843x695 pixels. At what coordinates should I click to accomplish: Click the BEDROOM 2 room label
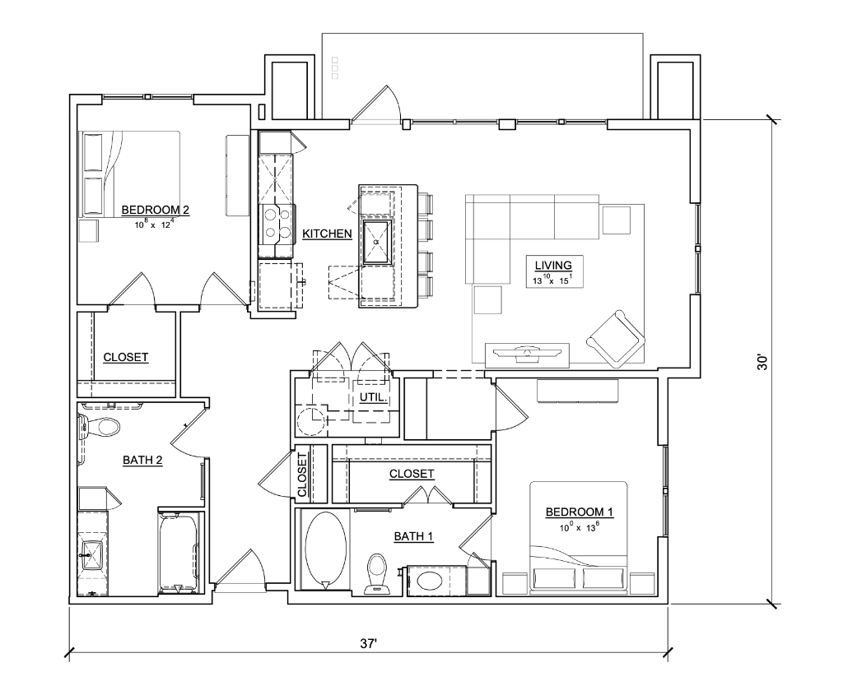coord(155,210)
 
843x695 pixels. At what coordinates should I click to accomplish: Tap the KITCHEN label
coord(327,234)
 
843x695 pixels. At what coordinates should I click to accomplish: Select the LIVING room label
coord(552,265)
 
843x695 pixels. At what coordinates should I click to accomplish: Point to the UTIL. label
coord(373,398)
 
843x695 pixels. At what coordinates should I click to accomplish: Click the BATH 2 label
coord(142,461)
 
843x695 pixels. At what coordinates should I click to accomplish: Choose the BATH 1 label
coord(413,536)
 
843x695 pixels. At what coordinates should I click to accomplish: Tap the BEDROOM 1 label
coord(579,512)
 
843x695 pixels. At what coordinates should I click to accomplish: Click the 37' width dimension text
coord(368,643)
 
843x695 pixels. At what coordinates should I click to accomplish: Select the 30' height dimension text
coord(762,362)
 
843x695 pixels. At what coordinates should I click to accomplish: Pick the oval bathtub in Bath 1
coord(325,550)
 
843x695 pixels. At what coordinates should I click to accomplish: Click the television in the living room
coord(527,352)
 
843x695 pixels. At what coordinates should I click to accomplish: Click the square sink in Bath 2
coord(92,554)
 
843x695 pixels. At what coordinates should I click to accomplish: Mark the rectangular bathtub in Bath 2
coord(179,554)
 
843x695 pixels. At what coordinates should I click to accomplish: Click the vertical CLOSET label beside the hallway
coord(301,475)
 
